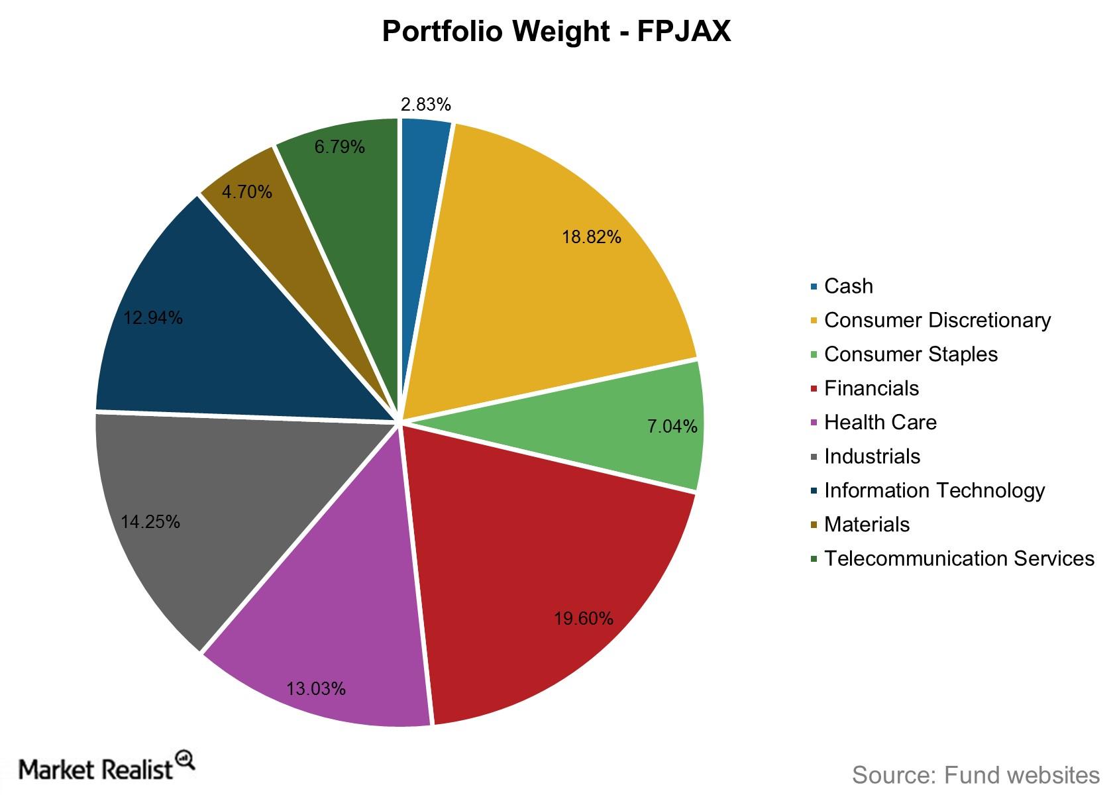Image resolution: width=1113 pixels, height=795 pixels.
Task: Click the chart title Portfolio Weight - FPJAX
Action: (x=556, y=31)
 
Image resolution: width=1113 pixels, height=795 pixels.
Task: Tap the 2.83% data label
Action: (x=425, y=105)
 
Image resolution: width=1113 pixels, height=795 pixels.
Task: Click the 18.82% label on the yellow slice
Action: (x=591, y=237)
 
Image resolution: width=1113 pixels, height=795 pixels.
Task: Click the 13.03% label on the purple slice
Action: (x=315, y=689)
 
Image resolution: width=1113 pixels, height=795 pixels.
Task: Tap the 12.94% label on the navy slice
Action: (x=153, y=318)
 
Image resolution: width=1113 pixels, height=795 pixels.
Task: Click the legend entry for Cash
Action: (x=848, y=286)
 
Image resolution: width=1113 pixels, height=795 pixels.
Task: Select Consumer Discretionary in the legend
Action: (x=937, y=320)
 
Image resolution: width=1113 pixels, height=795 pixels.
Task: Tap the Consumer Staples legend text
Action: (x=910, y=354)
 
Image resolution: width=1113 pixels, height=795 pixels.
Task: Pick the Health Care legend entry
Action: (x=880, y=422)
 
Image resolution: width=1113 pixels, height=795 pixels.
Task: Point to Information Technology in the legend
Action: (x=934, y=490)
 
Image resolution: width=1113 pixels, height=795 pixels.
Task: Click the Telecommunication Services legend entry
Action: (x=959, y=558)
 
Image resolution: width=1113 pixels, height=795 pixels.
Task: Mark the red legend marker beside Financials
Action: (x=814, y=389)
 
